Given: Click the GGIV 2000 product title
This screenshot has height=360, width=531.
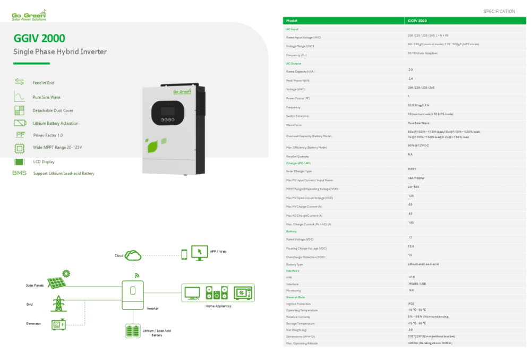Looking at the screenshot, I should (x=39, y=38).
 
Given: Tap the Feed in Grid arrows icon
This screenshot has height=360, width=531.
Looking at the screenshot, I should (x=20, y=82).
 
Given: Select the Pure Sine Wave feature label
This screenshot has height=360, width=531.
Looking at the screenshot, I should (x=46, y=97).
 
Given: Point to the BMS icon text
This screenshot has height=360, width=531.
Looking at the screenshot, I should (x=19, y=173).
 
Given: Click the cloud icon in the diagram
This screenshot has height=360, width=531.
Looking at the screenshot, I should (x=133, y=255).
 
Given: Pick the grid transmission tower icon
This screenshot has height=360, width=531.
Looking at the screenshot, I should (x=57, y=304).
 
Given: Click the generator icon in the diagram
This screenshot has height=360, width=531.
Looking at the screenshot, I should (x=58, y=323).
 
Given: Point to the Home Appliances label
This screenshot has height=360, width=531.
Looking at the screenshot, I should (x=218, y=306).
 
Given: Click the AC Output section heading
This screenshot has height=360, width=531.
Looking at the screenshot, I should (x=293, y=63).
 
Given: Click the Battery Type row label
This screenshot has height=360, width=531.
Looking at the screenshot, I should (x=294, y=264).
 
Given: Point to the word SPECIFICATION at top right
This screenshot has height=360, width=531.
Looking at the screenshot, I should (x=499, y=11).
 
